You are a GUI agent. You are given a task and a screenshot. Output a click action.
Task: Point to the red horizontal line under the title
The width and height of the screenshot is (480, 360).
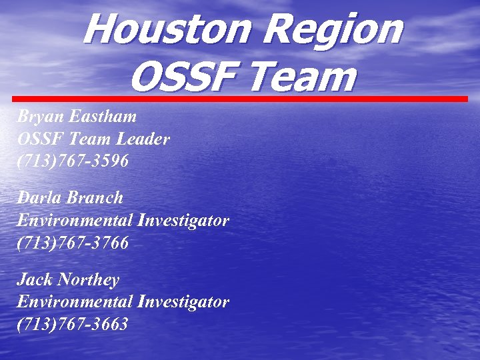(240, 99)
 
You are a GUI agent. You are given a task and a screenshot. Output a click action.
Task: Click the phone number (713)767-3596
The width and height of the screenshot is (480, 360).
(73, 162)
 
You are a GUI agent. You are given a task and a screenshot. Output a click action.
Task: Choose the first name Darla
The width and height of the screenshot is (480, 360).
(37, 197)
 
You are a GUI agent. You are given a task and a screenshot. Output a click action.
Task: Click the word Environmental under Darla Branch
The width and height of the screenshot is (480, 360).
(74, 220)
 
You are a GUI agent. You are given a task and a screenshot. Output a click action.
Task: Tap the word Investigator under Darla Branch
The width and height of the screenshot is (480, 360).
(183, 220)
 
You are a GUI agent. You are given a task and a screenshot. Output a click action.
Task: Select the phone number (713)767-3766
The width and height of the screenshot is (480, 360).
(73, 243)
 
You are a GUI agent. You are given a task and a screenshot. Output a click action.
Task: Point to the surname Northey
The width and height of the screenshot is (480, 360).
(89, 279)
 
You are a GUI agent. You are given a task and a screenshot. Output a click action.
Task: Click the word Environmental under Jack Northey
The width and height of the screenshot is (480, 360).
(74, 301)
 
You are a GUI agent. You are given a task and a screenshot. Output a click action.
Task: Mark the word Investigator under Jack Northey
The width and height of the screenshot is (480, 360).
(183, 301)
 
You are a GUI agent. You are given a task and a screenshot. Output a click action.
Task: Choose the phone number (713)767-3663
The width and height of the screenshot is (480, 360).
(73, 324)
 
